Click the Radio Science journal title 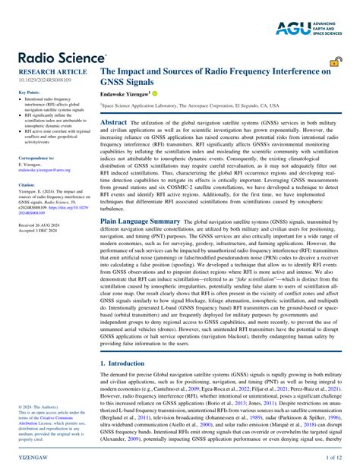click(62, 58)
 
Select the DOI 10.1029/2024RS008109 click(46, 80)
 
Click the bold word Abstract click(113, 121)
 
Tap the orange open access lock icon click(334, 63)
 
